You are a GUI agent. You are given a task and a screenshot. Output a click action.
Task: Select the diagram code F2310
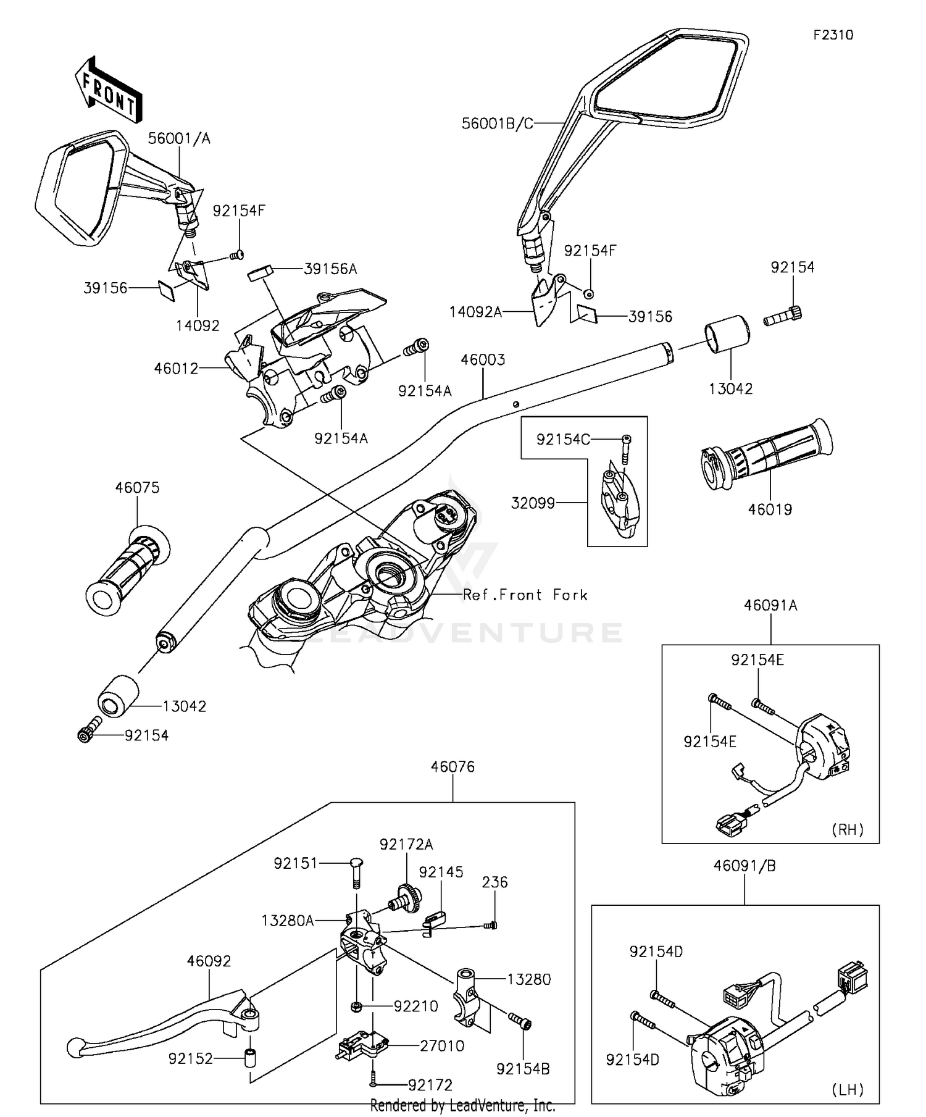(833, 35)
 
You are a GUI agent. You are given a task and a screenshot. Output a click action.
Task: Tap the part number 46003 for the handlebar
(483, 360)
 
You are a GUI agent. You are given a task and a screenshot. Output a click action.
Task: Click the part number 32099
(533, 503)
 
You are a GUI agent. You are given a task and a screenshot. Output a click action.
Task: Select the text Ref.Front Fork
(525, 595)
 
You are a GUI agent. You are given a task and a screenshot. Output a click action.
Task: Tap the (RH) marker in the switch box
(848, 829)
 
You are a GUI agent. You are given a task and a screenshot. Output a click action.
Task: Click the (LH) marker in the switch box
(848, 1089)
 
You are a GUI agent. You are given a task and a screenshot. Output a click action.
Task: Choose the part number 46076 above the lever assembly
(453, 767)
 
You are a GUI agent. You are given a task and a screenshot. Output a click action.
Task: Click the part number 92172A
(406, 844)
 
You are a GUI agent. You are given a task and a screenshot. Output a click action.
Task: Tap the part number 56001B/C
(497, 124)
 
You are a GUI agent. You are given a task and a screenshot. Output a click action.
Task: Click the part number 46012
(176, 369)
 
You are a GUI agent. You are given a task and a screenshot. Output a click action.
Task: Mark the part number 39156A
(330, 269)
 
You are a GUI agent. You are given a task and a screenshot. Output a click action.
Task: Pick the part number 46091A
(770, 606)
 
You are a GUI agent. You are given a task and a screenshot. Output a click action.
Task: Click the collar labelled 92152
(251, 1058)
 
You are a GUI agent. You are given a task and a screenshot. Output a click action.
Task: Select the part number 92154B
(523, 1069)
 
